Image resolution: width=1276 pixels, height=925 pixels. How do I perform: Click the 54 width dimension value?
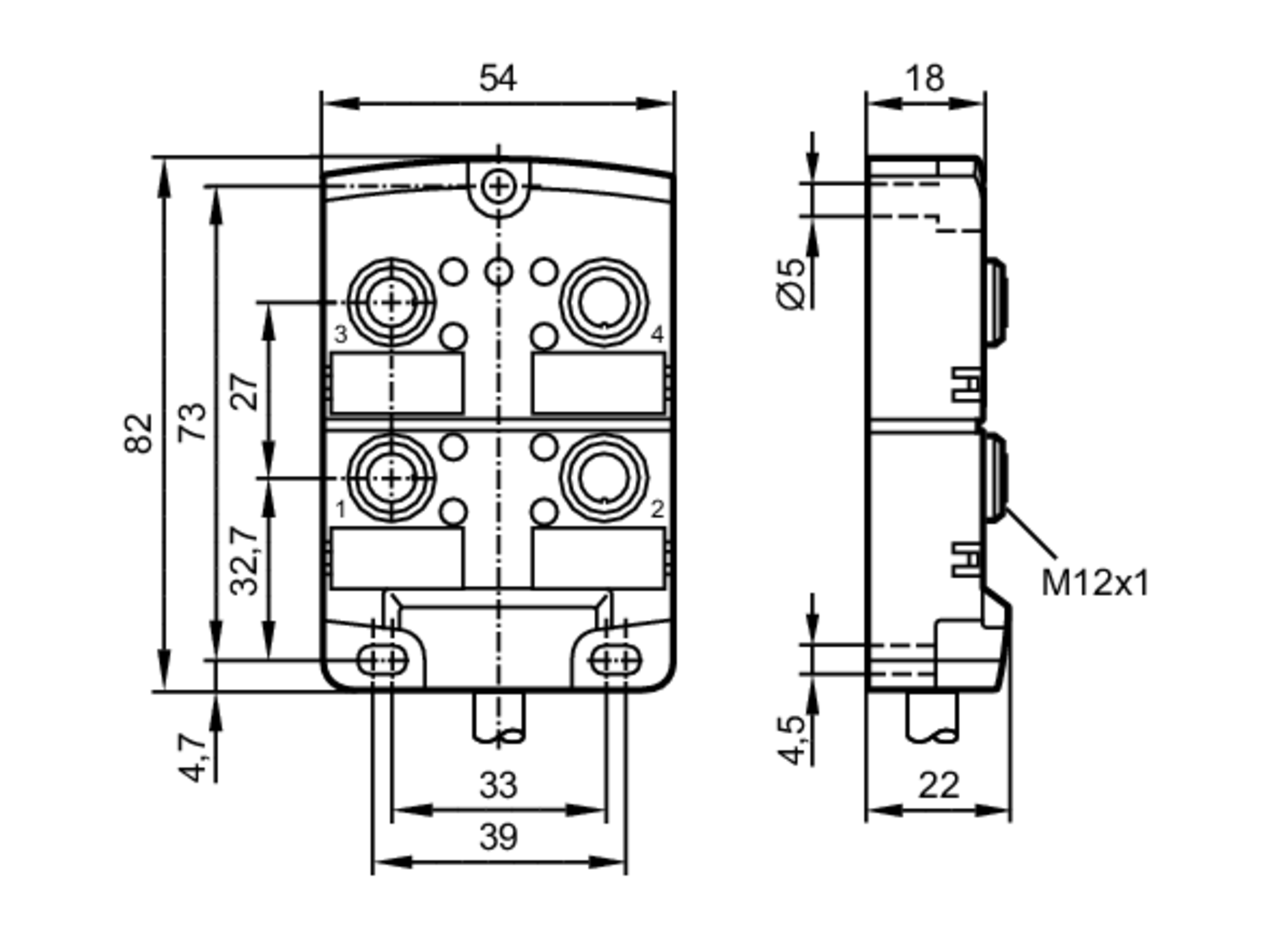pyautogui.click(x=498, y=79)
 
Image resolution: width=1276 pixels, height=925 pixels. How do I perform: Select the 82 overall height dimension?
pyautogui.click(x=139, y=433)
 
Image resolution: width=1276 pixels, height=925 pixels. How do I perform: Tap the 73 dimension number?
pyautogui.click(x=192, y=422)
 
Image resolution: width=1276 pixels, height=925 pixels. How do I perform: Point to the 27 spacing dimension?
pyautogui.click(x=246, y=391)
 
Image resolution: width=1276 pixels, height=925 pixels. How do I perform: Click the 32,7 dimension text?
pyautogui.click(x=246, y=561)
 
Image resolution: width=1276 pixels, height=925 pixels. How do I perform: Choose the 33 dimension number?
pyautogui.click(x=498, y=785)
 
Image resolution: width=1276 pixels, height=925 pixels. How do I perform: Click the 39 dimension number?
pyautogui.click(x=498, y=838)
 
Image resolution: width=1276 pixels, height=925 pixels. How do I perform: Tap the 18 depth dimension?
pyautogui.click(x=924, y=79)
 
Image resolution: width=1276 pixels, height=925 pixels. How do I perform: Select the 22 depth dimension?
pyautogui.click(x=938, y=785)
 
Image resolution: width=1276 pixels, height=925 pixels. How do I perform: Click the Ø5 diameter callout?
pyautogui.click(x=793, y=285)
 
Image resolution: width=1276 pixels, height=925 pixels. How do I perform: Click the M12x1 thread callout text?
pyautogui.click(x=1094, y=583)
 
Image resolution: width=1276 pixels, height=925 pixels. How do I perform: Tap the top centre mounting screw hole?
pyautogui.click(x=498, y=187)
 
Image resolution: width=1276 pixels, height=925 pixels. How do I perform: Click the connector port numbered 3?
pyautogui.click(x=392, y=302)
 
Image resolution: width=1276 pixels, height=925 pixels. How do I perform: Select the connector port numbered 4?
pyautogui.click(x=604, y=302)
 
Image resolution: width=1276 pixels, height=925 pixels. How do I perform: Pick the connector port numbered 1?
pyautogui.click(x=392, y=478)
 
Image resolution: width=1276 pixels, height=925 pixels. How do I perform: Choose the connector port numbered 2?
pyautogui.click(x=604, y=478)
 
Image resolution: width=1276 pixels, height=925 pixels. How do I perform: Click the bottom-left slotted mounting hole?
pyautogui.click(x=382, y=660)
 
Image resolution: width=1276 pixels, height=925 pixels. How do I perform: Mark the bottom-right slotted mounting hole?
pyautogui.click(x=616, y=660)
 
